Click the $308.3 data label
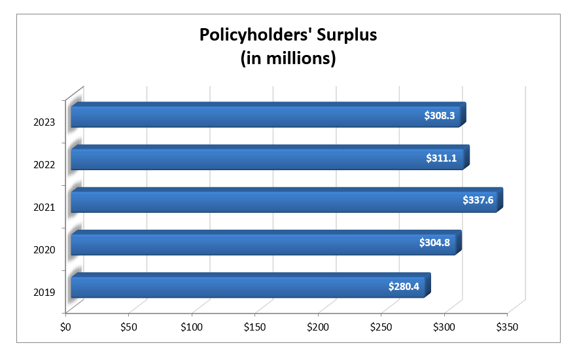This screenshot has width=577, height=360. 440,116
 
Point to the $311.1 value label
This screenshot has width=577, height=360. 444,158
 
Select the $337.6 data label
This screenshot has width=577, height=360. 478,201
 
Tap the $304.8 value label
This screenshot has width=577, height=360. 436,243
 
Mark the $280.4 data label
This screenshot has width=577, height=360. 404,286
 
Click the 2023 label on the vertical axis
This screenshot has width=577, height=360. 44,122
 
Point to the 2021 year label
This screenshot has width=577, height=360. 44,207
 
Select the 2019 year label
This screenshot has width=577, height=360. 44,293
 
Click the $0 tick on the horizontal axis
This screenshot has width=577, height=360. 65,326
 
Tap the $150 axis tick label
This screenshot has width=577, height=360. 254,326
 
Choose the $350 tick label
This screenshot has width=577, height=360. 507,326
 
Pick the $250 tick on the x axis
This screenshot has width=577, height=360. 381,326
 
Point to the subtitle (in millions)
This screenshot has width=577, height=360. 288,58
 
